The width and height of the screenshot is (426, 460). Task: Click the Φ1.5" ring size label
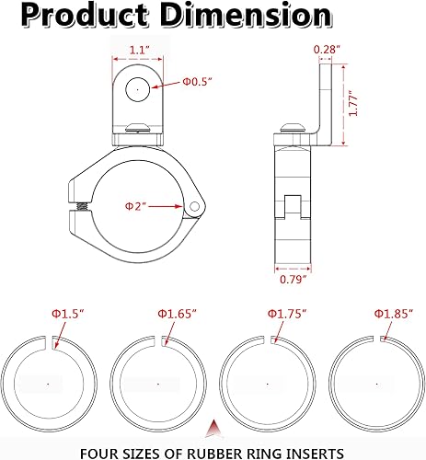tap(64, 314)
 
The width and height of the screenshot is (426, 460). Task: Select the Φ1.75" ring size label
tap(285, 314)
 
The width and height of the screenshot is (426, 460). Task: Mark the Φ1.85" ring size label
tap(391, 314)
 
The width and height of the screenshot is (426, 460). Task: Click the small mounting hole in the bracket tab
tap(136, 89)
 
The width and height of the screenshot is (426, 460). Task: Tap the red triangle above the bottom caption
tap(213, 428)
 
